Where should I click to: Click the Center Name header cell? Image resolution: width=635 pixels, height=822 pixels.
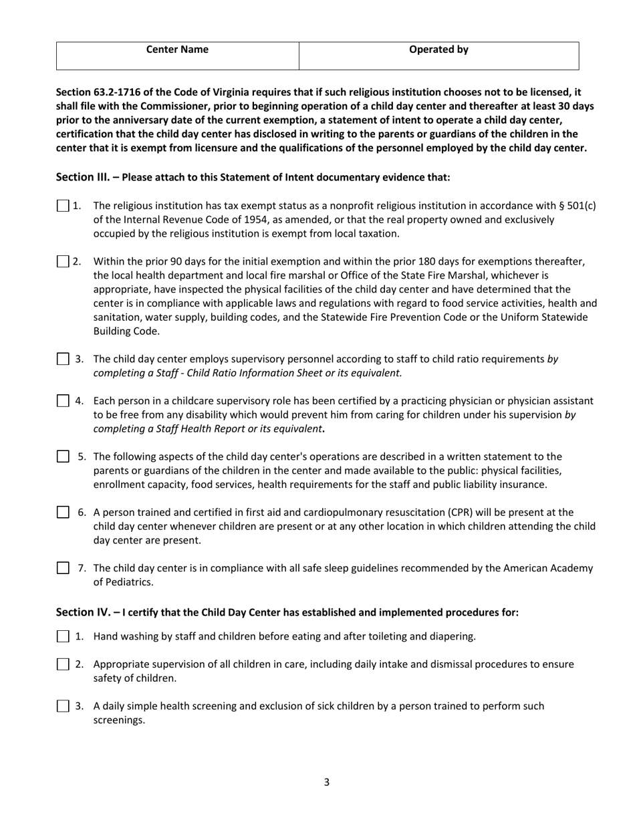[x=177, y=49]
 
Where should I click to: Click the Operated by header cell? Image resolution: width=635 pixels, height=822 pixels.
[x=438, y=49]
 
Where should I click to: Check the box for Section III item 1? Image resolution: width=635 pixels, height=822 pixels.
[x=63, y=206]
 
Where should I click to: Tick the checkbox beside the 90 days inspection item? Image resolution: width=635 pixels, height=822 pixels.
[x=63, y=261]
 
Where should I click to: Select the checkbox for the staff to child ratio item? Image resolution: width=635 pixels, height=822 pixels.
[x=63, y=360]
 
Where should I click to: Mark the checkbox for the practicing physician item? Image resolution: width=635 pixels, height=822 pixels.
[x=63, y=401]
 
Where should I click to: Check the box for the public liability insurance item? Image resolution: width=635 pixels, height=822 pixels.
[x=63, y=456]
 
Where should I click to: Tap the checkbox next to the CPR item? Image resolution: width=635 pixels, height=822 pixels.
[x=63, y=513]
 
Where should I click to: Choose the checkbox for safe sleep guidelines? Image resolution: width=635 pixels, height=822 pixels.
[x=63, y=568]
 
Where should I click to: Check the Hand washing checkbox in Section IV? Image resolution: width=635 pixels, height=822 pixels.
[x=63, y=636]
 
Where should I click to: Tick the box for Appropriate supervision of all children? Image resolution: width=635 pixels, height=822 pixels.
[x=63, y=664]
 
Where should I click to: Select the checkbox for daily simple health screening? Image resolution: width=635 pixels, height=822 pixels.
[x=63, y=706]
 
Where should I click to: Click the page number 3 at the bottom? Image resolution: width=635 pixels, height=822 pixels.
[x=326, y=783]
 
